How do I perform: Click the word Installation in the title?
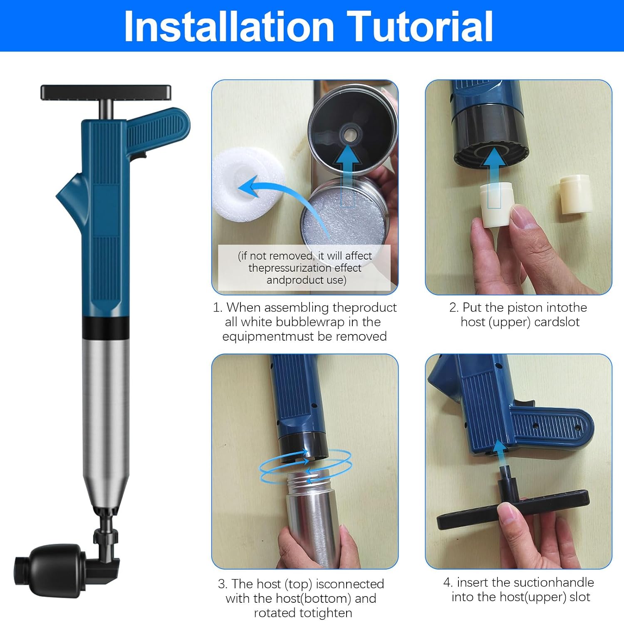(x=229, y=26)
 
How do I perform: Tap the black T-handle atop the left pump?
(x=106, y=92)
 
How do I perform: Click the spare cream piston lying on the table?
(x=576, y=194)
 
